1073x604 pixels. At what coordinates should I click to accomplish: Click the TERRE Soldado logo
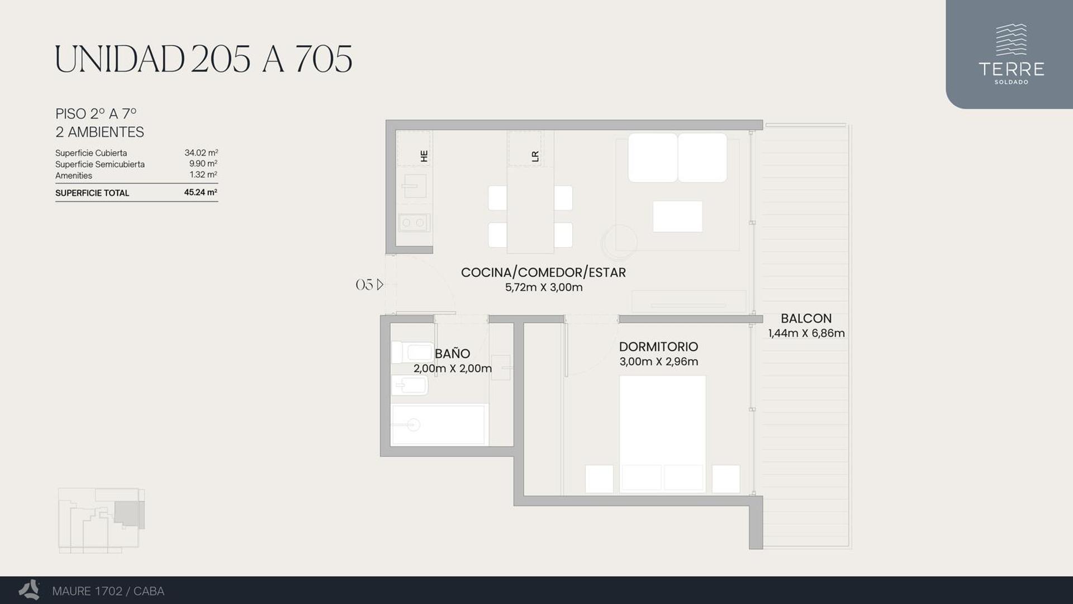(x=1011, y=54)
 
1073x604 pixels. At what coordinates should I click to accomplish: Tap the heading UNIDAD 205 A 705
(x=203, y=59)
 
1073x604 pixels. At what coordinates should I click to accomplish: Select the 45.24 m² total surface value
(x=201, y=192)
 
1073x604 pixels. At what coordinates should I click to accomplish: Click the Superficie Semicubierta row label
(x=100, y=164)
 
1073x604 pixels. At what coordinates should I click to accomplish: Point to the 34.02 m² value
(x=201, y=153)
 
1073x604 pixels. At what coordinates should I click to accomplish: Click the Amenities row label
(x=74, y=176)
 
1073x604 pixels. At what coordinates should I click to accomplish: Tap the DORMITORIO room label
(x=658, y=347)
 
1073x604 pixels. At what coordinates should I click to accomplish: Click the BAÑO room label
(x=452, y=353)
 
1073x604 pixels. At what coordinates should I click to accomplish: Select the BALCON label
(x=806, y=318)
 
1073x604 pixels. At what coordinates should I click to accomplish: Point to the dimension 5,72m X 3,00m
(x=544, y=287)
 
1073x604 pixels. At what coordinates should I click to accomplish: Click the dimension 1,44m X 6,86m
(x=806, y=333)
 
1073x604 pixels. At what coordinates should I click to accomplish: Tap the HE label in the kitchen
(x=424, y=156)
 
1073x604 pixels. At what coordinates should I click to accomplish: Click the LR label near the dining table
(x=535, y=157)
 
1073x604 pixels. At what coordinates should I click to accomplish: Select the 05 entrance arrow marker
(x=369, y=285)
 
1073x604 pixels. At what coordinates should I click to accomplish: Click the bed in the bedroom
(x=662, y=434)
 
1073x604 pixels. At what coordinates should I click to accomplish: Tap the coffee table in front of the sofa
(x=677, y=216)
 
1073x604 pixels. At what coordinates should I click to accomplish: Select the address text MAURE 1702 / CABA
(x=108, y=591)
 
